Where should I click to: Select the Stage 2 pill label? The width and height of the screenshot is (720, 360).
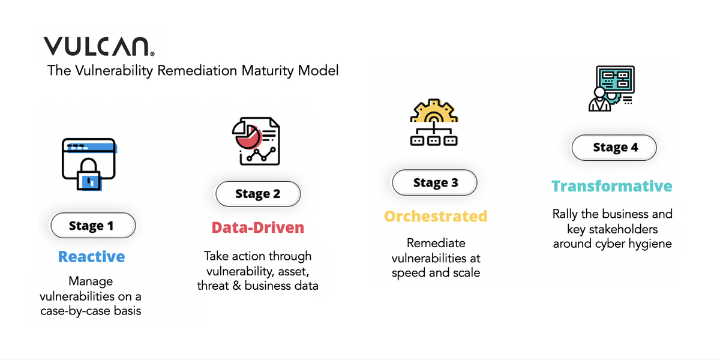[x=258, y=194]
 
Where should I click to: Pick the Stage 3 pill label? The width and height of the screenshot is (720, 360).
[x=435, y=183]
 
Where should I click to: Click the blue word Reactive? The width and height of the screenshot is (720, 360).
[x=92, y=257]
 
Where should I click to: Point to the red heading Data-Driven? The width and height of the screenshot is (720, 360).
[x=258, y=227]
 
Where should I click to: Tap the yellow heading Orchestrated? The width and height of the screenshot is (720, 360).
[x=436, y=216]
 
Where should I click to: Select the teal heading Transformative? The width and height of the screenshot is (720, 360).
[x=612, y=186]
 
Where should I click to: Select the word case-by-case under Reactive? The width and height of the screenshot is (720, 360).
[x=74, y=311]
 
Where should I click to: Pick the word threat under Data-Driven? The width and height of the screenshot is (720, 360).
[x=215, y=286]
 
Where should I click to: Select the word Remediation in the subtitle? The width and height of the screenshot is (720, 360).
[x=193, y=71]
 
